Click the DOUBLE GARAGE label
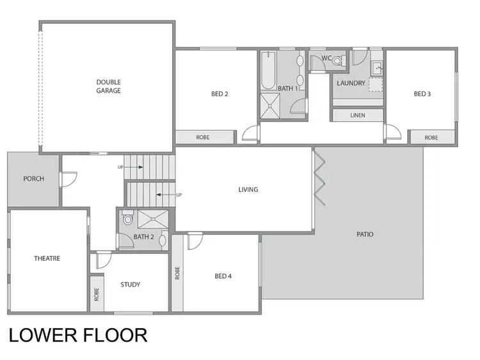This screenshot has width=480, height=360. pyautogui.click(x=109, y=86)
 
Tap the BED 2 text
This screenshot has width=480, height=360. pyautogui.click(x=220, y=94)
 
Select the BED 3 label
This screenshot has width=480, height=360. pyautogui.click(x=422, y=94)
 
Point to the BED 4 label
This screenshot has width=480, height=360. pyautogui.click(x=223, y=276)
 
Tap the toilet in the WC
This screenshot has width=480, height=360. pyautogui.click(x=339, y=61)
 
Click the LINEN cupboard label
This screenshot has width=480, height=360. pyautogui.click(x=358, y=115)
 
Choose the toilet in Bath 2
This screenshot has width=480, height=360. pyautogui.click(x=128, y=219)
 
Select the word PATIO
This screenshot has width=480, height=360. pyautogui.click(x=365, y=235)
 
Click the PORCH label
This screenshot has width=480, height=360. pyautogui.click(x=33, y=178)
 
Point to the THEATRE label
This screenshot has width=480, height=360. pyautogui.click(x=47, y=258)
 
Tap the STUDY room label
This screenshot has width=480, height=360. pyautogui.click(x=130, y=285)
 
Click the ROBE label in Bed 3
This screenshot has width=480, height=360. pyautogui.click(x=431, y=137)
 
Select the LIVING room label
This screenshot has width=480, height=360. pyautogui.click(x=248, y=189)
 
